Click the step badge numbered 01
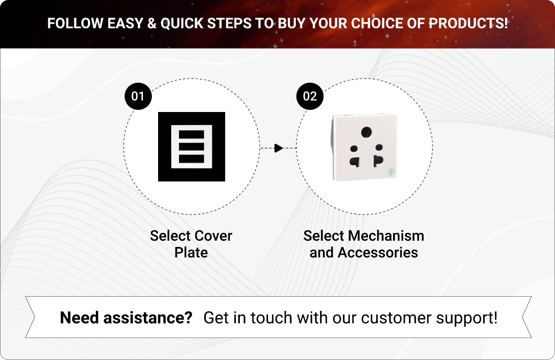[x=138, y=96]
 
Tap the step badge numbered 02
[x=310, y=96]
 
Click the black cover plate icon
[x=192, y=147]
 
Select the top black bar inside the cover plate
[x=192, y=134]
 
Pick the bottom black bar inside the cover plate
[x=192, y=159]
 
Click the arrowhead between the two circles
[x=279, y=148]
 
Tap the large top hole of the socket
[x=366, y=132]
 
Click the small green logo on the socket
[x=392, y=172]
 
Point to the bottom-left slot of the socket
[x=355, y=162]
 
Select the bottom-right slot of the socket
[x=378, y=161]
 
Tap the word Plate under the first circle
[x=191, y=253]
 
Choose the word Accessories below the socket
[x=378, y=253]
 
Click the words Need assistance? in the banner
[x=126, y=318]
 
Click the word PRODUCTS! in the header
[x=468, y=24]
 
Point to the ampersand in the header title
[x=151, y=24]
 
